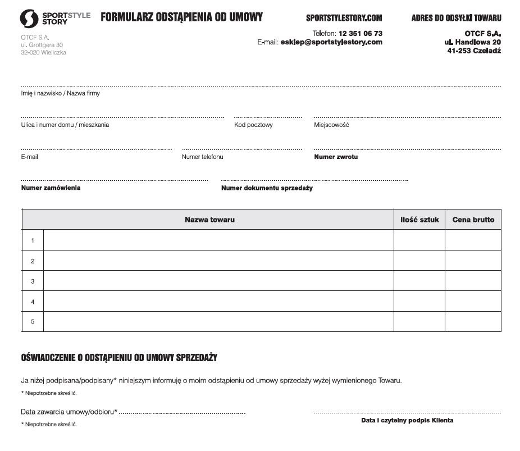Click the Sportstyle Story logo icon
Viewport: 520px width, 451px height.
29,19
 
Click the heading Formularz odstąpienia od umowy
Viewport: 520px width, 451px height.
181,17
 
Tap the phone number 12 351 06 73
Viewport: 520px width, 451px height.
360,34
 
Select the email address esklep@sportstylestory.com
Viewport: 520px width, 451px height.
331,42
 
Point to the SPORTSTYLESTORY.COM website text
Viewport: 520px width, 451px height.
344,18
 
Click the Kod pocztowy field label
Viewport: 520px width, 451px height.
253,125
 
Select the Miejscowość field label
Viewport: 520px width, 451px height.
331,125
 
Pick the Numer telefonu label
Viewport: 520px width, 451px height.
202,157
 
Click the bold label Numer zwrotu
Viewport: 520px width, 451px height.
336,157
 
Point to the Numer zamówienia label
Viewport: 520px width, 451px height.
51,188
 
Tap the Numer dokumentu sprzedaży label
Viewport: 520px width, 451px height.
267,188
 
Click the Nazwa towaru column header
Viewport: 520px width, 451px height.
209,220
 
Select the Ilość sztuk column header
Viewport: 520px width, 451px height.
419,220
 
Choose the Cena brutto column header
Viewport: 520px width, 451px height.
473,220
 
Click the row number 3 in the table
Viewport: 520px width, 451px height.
33,281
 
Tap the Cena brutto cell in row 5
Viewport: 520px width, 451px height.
473,321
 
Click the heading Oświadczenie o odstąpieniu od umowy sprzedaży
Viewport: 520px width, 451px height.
119,358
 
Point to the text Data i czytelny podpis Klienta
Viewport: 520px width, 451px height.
407,420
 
